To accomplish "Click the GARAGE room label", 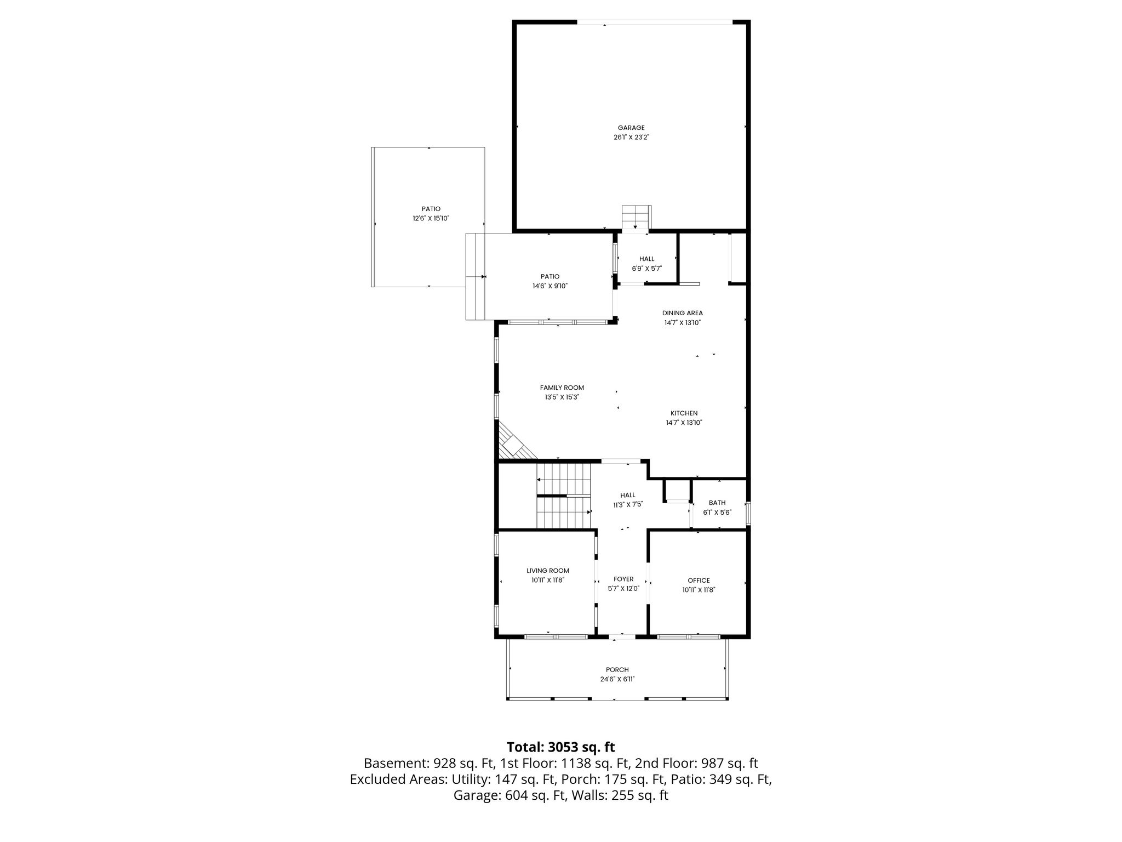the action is click(631, 128).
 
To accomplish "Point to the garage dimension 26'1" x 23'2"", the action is click(631, 138).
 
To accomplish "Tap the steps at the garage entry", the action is click(636, 218).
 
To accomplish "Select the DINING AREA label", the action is click(682, 313).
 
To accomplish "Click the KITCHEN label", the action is click(684, 413).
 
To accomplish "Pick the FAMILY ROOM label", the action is click(562, 388).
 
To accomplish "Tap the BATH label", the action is click(717, 503).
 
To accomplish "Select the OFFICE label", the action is click(699, 581).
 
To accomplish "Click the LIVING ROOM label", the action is click(548, 571).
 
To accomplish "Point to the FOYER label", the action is click(623, 579).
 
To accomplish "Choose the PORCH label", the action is click(617, 669).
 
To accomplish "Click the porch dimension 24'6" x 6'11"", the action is click(617, 679).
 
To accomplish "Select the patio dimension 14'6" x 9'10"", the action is click(550, 286).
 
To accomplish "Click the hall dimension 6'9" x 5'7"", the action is click(646, 269).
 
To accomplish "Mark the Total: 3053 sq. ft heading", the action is click(560, 747).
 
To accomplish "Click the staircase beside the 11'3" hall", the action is click(564, 496).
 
